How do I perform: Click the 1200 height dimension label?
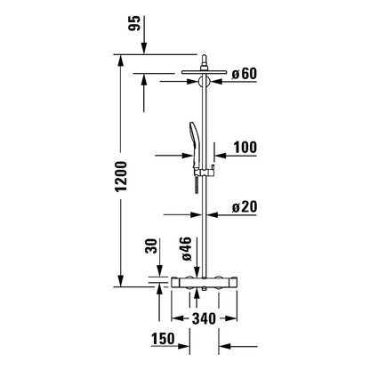(122, 177)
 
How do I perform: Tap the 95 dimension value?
(134, 23)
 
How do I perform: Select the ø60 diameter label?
(244, 74)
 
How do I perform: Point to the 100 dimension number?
(245, 148)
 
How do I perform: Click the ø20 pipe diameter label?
(244, 206)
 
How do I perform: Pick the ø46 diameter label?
(187, 249)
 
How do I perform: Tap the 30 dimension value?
(152, 245)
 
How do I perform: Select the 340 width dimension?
(204, 318)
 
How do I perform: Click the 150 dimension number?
(163, 339)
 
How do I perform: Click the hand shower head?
(193, 145)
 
